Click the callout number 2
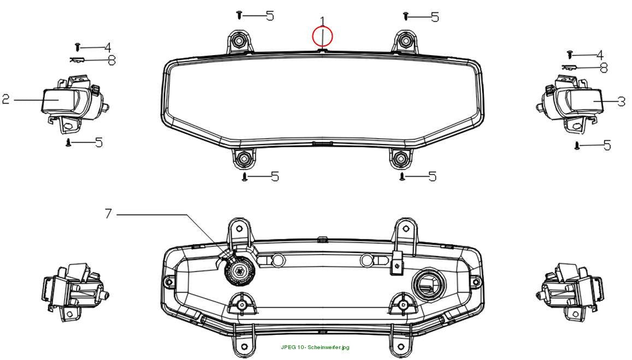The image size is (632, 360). (x=5, y=99)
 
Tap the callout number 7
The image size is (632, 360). (x=108, y=214)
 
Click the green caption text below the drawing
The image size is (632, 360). (x=315, y=347)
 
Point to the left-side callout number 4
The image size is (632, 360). (x=108, y=48)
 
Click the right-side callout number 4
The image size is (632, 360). (x=600, y=55)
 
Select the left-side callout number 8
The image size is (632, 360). (x=111, y=61)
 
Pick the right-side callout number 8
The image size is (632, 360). (x=604, y=68)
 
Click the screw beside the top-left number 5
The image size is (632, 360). (x=239, y=15)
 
